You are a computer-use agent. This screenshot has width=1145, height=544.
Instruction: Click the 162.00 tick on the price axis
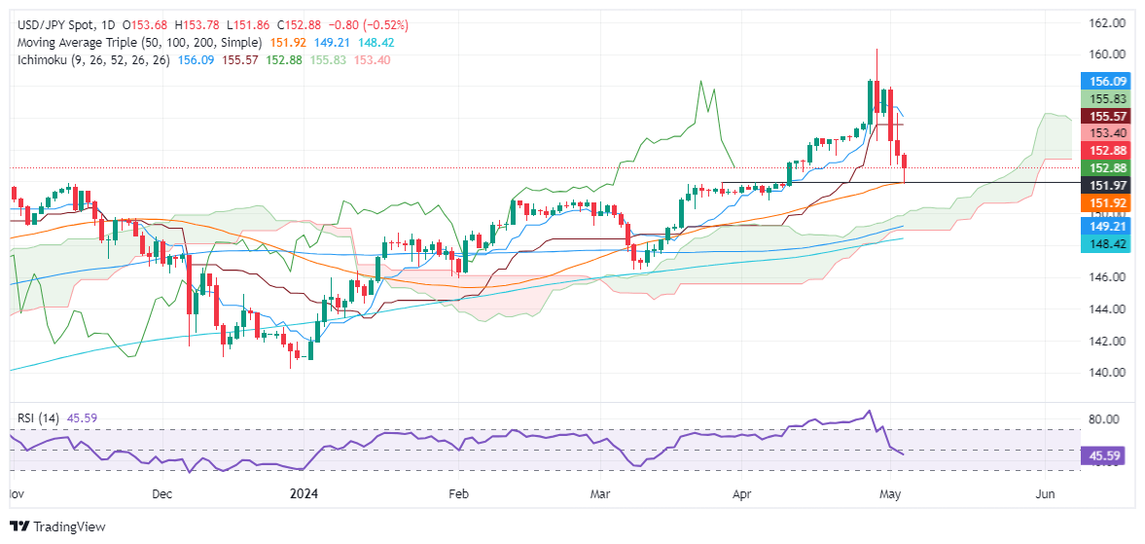(x=1107, y=23)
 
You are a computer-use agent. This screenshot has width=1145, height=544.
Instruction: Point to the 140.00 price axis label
(x=1107, y=373)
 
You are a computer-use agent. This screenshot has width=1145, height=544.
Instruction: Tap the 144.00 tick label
(x=1107, y=309)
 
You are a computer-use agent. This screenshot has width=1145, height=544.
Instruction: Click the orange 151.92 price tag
(x=1108, y=201)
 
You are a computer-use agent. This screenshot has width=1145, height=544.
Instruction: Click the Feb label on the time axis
(x=460, y=493)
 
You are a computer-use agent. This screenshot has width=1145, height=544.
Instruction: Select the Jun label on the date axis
(x=1045, y=493)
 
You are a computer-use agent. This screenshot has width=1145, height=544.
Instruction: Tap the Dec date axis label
(x=162, y=493)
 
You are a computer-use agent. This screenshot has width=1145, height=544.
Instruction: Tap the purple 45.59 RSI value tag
(x=1108, y=453)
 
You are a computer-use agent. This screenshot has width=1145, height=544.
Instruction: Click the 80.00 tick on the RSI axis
(x=1107, y=419)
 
